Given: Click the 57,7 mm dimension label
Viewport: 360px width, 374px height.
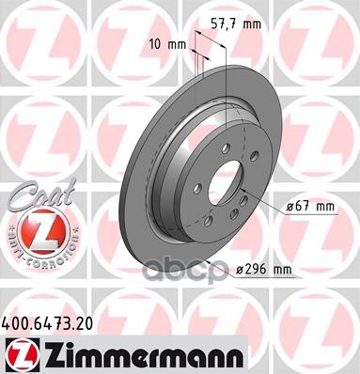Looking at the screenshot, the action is click(x=236, y=23).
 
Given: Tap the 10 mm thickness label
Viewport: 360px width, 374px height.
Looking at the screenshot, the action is click(x=167, y=44).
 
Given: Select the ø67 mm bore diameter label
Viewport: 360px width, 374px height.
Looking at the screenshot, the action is click(x=311, y=207).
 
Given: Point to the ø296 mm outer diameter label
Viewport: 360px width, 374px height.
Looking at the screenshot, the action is click(x=264, y=269).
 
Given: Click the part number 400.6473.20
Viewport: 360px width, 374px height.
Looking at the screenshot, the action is click(x=47, y=323).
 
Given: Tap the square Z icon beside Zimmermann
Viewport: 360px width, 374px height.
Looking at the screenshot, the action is click(x=21, y=356).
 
